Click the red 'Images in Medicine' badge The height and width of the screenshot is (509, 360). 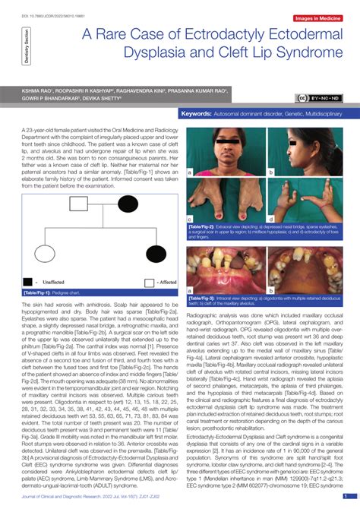pos(317,17)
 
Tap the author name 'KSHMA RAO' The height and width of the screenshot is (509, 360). pos(32,90)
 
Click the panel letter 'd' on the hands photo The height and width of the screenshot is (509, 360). pos(272,220)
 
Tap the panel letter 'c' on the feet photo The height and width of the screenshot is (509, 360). pos(189,220)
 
